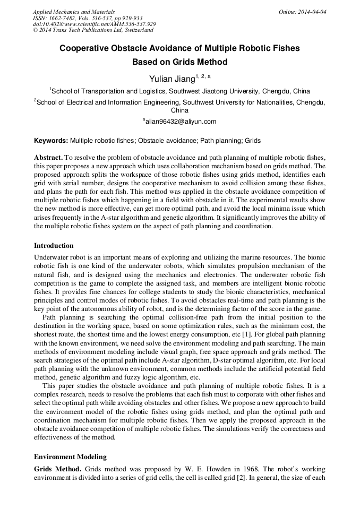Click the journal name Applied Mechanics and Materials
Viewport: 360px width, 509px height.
click(74, 11)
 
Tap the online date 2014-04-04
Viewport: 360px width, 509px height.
click(312, 11)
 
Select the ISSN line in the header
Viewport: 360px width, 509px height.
click(87, 18)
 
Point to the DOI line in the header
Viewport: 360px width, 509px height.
click(94, 24)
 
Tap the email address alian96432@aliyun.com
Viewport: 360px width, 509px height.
click(181, 122)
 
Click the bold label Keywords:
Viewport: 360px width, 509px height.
click(51, 141)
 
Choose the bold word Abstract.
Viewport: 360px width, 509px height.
click(48, 158)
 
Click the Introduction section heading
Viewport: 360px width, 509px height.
click(54, 246)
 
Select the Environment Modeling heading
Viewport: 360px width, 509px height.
click(70, 456)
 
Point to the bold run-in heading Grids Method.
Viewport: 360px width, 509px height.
click(57, 470)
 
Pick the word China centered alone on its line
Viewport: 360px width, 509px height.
click(179, 110)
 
